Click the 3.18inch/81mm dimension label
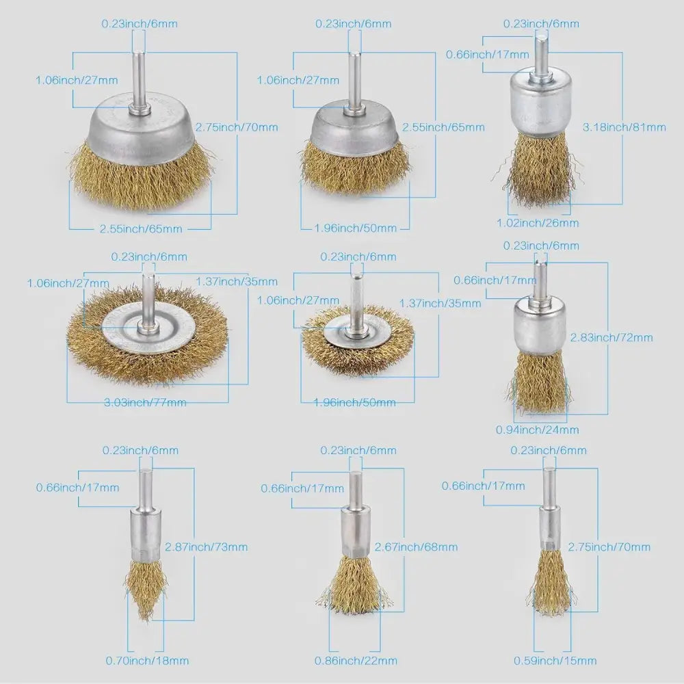(x=624, y=127)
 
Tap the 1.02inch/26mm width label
(x=538, y=223)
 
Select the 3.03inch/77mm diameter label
(x=145, y=402)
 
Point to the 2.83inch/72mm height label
(x=611, y=337)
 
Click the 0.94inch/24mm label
(x=538, y=430)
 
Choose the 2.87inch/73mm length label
(x=206, y=547)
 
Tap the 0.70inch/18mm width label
(x=147, y=661)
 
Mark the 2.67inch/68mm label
(x=416, y=547)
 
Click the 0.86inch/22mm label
(x=356, y=661)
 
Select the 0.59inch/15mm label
(x=555, y=661)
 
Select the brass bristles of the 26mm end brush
(x=538, y=170)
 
